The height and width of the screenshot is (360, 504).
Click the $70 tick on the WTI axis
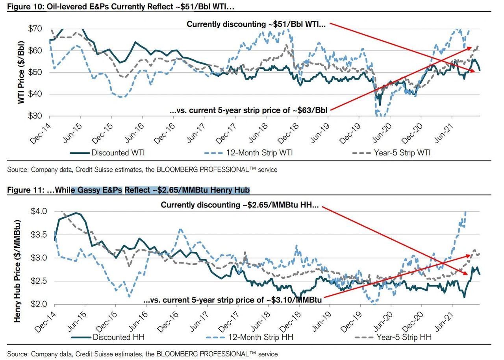point(36,29)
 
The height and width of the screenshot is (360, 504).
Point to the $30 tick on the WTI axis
point(36,116)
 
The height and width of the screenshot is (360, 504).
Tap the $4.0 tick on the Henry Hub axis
point(39,211)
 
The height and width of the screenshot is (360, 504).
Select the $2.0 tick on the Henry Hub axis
point(39,304)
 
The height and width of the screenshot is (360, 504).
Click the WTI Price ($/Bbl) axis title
point(21,73)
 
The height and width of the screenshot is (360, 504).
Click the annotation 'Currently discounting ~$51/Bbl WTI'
point(256,24)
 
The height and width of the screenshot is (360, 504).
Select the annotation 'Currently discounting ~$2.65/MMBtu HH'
point(240,205)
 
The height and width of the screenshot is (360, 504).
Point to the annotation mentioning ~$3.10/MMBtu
point(233,300)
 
